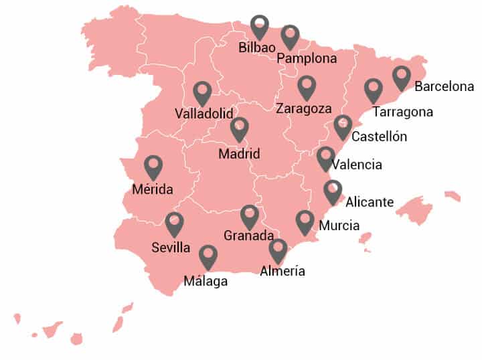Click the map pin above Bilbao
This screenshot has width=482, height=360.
point(260,26)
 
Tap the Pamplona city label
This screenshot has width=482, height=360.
point(307,58)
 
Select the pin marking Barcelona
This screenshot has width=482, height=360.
point(402,77)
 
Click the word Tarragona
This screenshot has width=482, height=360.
point(402,112)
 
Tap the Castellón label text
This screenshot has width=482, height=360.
point(379,137)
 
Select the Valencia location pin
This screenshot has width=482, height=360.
point(326,157)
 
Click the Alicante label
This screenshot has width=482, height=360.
point(370,202)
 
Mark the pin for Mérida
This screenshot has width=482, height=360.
point(153,167)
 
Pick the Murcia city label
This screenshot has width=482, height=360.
point(339,226)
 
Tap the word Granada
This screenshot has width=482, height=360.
point(248,236)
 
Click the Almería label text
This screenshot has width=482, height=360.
point(283,271)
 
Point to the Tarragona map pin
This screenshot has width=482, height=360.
point(373,90)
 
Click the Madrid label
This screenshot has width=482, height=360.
point(239,154)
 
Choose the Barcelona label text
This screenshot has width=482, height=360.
point(445,86)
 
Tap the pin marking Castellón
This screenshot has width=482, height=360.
point(343,126)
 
